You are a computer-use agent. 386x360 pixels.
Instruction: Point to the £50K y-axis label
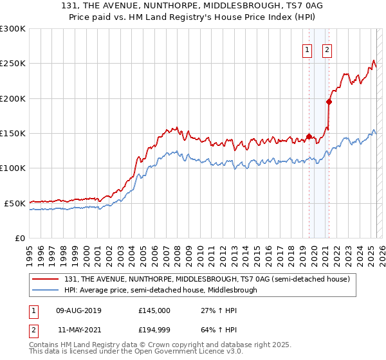point(14,203)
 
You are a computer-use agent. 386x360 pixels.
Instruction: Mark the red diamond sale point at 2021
point(329,102)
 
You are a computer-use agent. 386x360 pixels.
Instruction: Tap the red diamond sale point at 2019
point(309,136)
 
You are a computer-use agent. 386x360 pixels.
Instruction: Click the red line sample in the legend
point(46,279)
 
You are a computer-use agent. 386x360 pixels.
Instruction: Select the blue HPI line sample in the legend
point(46,290)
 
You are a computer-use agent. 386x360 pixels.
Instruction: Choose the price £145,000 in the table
point(154,310)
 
